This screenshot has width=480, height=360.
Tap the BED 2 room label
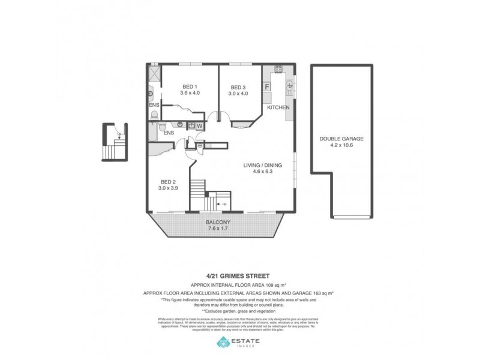pyautogui.click(x=168, y=182)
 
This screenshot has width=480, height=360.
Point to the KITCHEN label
pyautogui.click(x=278, y=107)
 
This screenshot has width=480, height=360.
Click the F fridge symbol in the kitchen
pyautogui.click(x=267, y=86)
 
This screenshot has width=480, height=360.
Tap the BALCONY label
pyautogui.click(x=218, y=221)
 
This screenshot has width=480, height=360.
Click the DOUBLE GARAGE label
pyautogui.click(x=341, y=138)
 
